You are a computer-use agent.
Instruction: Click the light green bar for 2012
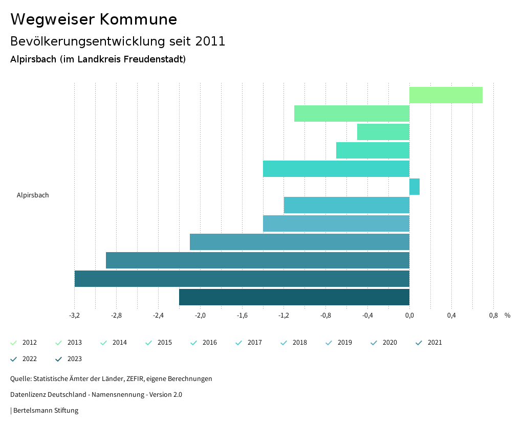click(x=446, y=95)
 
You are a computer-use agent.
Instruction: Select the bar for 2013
click(x=352, y=114)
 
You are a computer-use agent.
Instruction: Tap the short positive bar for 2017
click(x=414, y=187)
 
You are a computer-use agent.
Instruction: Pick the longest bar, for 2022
click(x=242, y=279)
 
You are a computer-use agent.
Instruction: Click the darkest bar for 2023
click(x=294, y=297)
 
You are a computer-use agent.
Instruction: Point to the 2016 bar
click(x=336, y=169)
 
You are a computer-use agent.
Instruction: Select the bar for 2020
click(x=299, y=242)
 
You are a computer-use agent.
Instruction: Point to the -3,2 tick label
click(x=74, y=316)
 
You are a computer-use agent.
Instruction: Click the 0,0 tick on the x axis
click(x=409, y=316)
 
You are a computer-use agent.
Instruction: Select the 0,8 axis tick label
click(x=493, y=316)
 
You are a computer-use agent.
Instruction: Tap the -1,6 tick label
click(x=242, y=316)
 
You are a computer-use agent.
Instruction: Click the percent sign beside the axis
click(x=507, y=316)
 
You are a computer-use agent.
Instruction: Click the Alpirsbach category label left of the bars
click(x=33, y=195)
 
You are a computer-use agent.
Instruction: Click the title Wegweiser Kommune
click(x=94, y=19)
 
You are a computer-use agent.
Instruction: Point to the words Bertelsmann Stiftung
click(x=46, y=411)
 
